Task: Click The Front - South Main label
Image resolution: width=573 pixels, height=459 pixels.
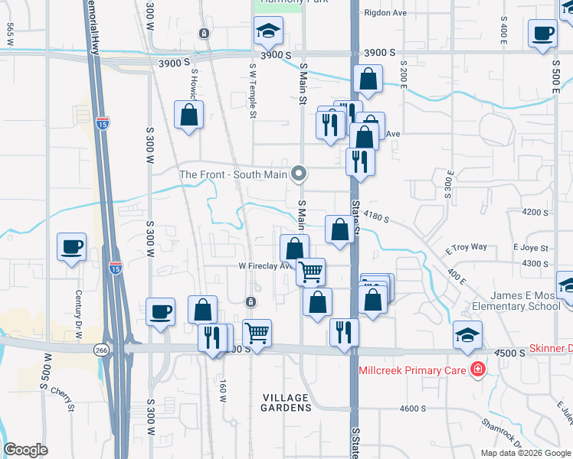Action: pos(233,174)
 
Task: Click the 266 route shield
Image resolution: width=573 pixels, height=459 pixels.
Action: pos(101,349)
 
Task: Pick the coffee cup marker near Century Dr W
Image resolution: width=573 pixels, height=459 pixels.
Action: pos(72,246)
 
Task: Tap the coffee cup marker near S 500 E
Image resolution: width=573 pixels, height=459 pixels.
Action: pos(542,34)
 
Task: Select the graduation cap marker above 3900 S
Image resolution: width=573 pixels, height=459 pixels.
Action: pos(268,31)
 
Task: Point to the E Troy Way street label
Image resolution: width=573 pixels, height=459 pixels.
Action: pos(467,247)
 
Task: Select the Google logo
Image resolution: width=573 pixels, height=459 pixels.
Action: pos(25,450)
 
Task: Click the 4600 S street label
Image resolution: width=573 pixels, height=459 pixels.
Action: pos(413,409)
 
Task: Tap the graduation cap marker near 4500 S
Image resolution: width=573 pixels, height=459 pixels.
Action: pos(467,334)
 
